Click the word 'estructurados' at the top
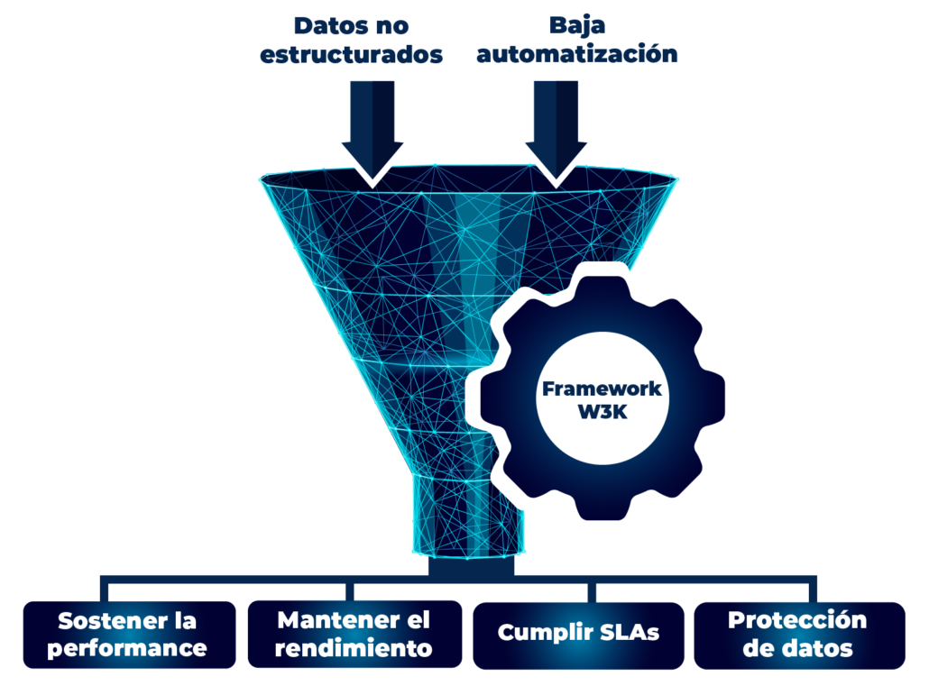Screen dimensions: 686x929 coord(352,54)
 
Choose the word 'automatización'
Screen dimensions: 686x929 coord(577,54)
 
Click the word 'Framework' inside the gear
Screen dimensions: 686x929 coord(602,389)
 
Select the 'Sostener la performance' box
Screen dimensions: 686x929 coord(127,635)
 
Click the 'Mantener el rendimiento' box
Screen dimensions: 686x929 coord(354,635)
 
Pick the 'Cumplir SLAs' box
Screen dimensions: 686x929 coord(579,634)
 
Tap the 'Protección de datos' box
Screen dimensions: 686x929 coord(797,634)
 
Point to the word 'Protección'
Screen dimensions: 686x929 coord(797,620)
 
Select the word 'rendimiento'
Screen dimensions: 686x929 coord(354,648)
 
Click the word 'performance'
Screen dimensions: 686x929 coord(127,648)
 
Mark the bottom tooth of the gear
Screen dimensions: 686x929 coord(601,505)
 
